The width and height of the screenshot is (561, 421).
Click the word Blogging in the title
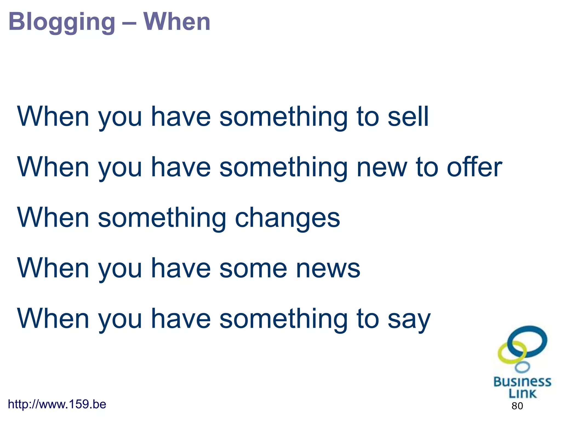(x=62, y=22)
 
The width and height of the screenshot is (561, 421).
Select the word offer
(x=474, y=167)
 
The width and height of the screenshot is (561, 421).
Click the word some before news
(x=255, y=269)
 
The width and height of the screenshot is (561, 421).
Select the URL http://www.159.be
(x=57, y=404)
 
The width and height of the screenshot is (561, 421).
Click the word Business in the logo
(x=522, y=382)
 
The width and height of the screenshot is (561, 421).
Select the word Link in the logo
(x=522, y=394)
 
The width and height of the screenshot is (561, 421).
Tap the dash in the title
(x=129, y=22)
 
